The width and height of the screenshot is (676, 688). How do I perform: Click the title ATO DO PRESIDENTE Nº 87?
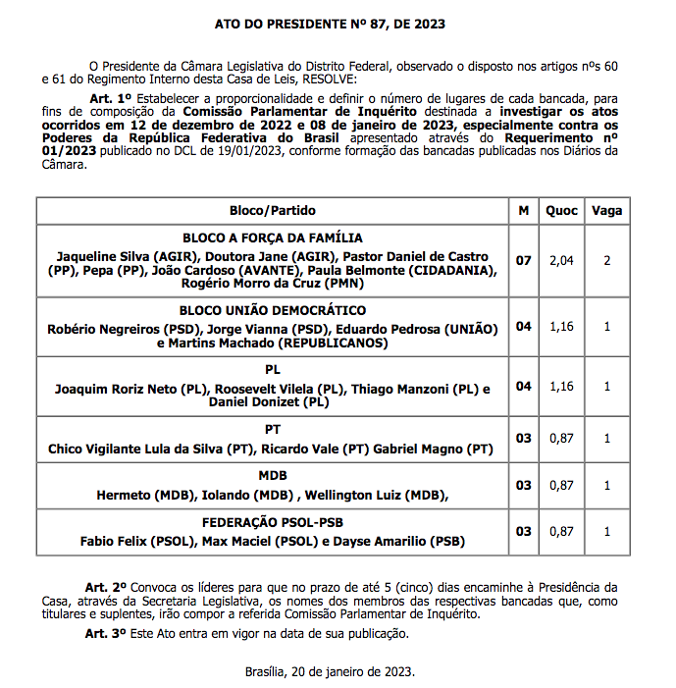coord(337,22)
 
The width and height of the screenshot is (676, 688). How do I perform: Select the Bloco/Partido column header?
coord(273,211)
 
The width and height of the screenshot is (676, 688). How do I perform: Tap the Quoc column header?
coord(561,211)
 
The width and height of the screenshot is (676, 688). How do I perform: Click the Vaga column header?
coord(606,211)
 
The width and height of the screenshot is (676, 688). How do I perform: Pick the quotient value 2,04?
coord(561,261)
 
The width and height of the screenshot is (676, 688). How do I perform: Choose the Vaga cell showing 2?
coord(606,261)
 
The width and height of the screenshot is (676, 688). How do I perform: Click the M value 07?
coord(524,261)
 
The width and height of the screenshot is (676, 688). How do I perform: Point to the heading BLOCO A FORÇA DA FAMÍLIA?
coord(273,238)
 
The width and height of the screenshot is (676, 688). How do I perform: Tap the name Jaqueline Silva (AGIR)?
coord(108,254)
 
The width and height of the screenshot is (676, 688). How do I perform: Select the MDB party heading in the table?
coord(273,476)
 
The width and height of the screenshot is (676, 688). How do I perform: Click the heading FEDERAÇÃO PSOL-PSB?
coord(273,522)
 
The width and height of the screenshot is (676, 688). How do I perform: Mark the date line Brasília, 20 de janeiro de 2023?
coord(330,672)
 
